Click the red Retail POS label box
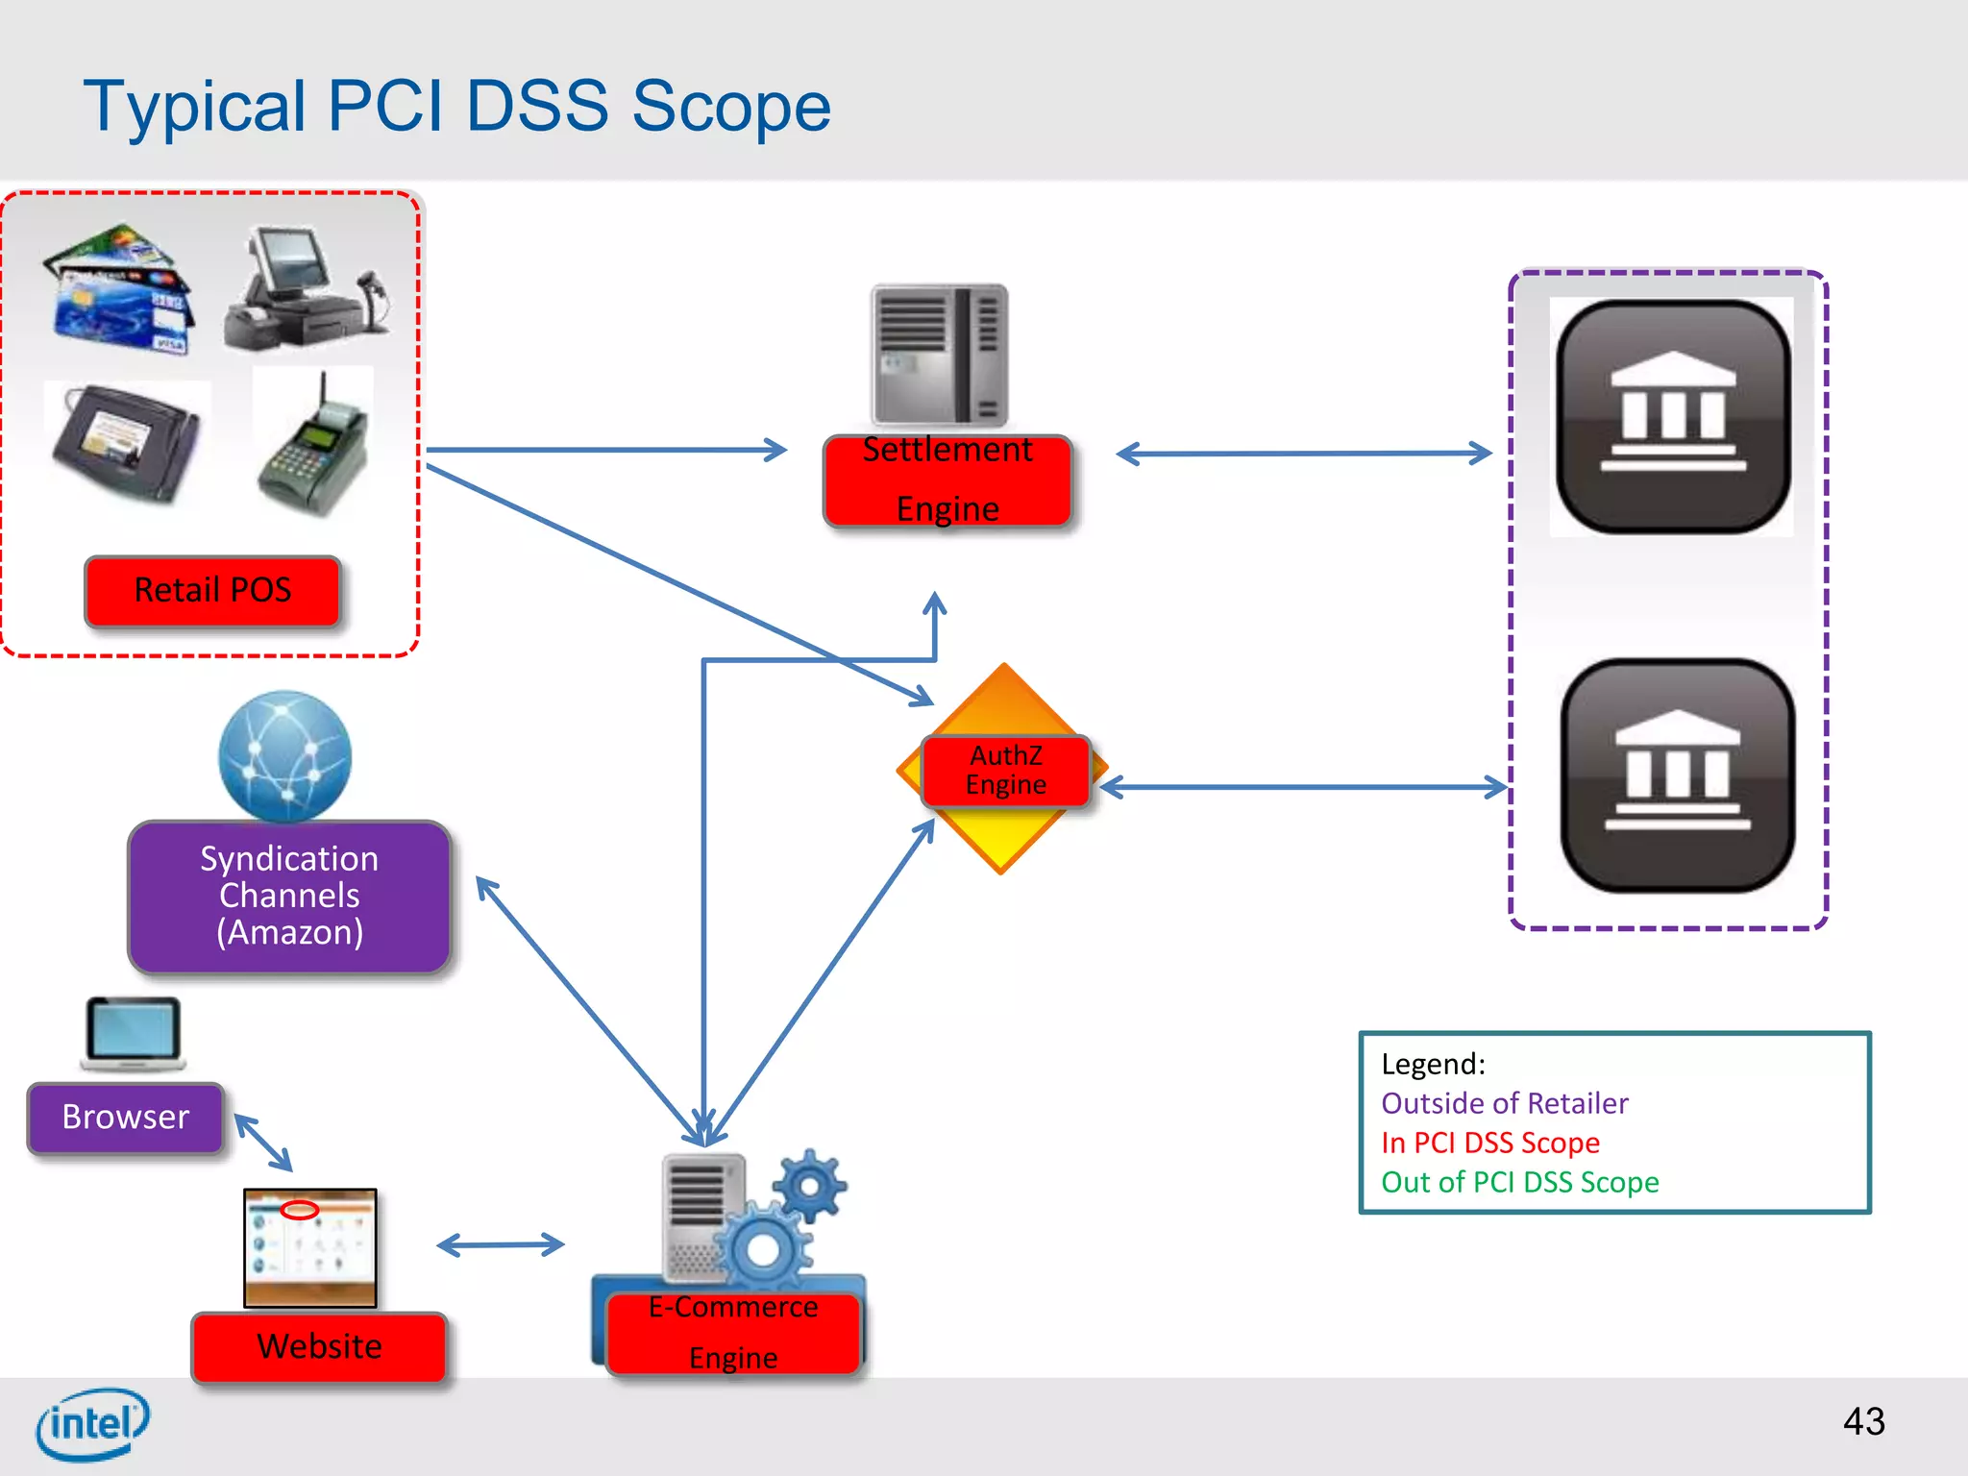coord(212,590)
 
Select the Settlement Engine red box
coord(947,480)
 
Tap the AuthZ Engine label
coord(1005,771)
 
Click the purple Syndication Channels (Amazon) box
coord(289,896)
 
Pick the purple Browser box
coord(126,1118)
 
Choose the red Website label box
coord(319,1346)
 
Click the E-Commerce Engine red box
coord(733,1333)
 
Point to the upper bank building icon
coord(1672,416)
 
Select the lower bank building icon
coord(1677,775)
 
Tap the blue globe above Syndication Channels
coord(284,755)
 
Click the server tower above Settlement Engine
coord(939,354)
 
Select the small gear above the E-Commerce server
coord(810,1186)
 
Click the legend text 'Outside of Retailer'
coord(1504,1103)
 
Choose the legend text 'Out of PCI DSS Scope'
coord(1519,1182)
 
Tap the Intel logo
coord(92,1424)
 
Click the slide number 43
coord(1863,1421)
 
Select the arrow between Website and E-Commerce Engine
coord(501,1245)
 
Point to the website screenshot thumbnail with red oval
coord(309,1247)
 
